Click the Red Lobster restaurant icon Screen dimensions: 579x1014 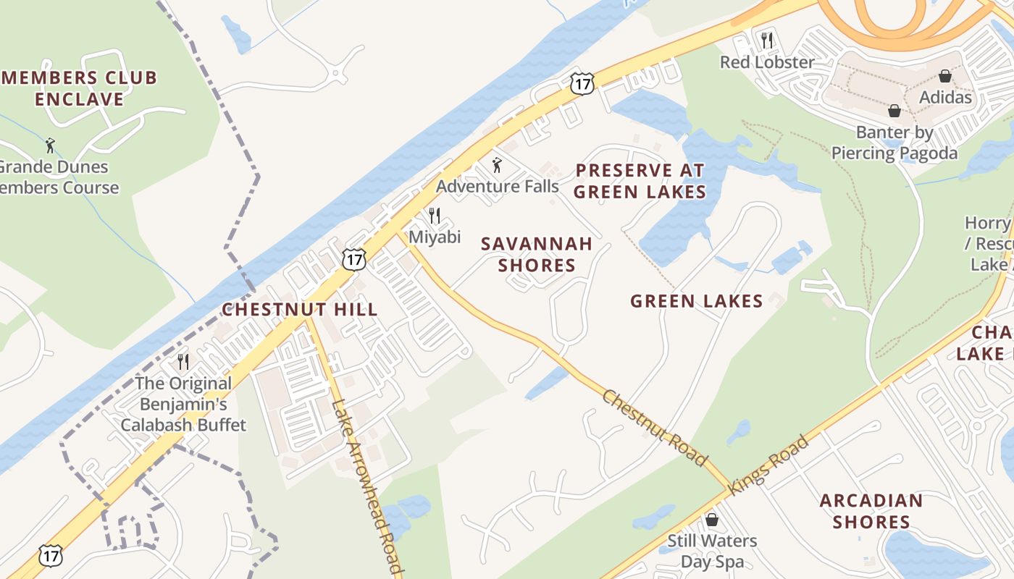[767, 40]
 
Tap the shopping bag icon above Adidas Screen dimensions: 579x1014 [945, 75]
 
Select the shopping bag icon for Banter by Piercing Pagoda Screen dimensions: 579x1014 [894, 111]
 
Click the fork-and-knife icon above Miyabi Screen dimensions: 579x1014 [435, 215]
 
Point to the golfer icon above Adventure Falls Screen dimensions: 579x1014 [497, 166]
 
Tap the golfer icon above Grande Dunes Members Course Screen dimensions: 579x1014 [50, 145]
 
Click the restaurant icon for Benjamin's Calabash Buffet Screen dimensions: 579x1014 [183, 361]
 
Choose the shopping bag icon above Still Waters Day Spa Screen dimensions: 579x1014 [712, 520]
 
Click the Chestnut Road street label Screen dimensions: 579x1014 [654, 428]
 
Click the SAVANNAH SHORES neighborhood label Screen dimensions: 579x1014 [537, 254]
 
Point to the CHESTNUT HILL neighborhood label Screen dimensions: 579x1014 [300, 310]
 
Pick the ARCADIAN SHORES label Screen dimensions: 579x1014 [871, 511]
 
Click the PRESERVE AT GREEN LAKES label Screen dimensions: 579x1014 [640, 181]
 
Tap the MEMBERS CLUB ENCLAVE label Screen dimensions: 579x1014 [80, 88]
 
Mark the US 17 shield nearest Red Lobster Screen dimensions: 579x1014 [582, 83]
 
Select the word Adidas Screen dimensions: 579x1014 [945, 96]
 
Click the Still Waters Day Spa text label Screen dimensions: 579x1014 [712, 551]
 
